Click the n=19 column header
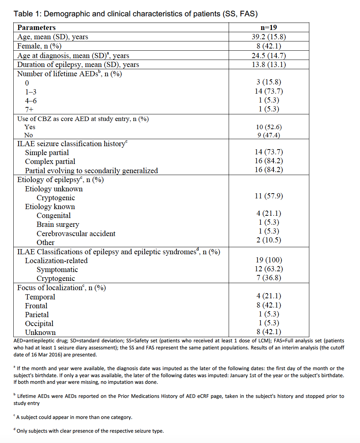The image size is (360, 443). (269, 27)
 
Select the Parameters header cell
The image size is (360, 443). (36, 27)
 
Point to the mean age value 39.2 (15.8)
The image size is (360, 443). (269, 37)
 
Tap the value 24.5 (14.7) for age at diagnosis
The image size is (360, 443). (269, 56)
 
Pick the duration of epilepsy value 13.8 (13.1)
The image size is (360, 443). (269, 64)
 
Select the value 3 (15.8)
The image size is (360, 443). (269, 82)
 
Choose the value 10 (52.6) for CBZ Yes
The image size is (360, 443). (269, 127)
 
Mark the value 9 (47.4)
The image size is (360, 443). (269, 135)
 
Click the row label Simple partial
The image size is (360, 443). (47, 152)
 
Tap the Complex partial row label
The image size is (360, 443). (50, 162)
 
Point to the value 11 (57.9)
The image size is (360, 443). (269, 196)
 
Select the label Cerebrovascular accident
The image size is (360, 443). (76, 234)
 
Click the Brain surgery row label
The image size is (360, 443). (58, 225)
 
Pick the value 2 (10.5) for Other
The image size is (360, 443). (269, 240)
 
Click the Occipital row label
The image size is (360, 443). (39, 323)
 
